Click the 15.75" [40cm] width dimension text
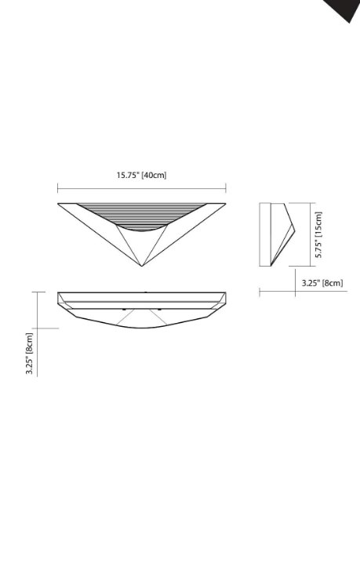tap(142, 175)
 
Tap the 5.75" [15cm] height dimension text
tap(318, 234)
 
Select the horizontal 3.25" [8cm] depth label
tap(322, 283)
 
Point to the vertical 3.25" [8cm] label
tap(29, 354)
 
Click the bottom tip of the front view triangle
tap(142, 266)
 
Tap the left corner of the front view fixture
tap(59, 205)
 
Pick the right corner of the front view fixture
tap(225, 205)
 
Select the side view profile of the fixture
tap(277, 233)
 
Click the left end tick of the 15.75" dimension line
tap(57, 188)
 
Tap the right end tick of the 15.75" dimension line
tap(226, 188)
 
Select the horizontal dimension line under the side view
tap(278, 292)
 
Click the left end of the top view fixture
tap(59, 299)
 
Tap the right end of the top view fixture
tap(225, 299)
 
